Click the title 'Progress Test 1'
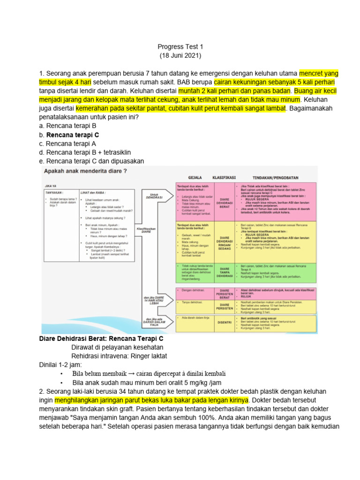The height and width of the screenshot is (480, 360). [180, 46]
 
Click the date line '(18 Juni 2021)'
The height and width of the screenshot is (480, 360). [180, 55]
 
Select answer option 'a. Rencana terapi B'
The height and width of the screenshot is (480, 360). [68, 126]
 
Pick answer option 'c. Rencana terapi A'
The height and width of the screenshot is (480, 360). [68, 143]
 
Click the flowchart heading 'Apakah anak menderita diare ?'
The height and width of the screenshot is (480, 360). [86, 172]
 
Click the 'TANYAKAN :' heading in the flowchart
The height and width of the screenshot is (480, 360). [55, 192]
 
